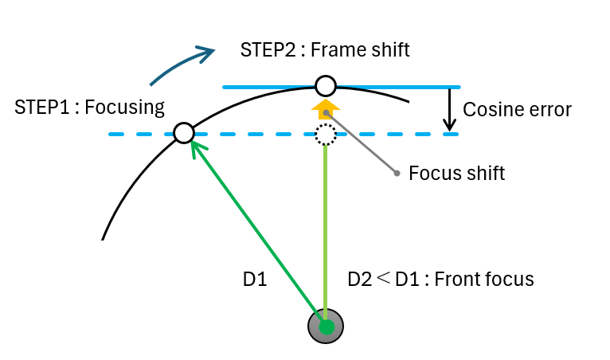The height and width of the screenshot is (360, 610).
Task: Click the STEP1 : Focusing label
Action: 89,108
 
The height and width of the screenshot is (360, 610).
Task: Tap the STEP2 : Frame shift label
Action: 325,50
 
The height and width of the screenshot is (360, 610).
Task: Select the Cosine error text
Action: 517,110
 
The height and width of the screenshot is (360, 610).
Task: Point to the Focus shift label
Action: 456,173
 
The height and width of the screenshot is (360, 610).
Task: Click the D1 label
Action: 255,280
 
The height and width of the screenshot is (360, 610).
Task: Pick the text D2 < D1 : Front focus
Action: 440,280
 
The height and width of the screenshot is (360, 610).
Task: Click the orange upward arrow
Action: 325,110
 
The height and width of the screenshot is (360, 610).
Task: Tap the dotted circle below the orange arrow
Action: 325,134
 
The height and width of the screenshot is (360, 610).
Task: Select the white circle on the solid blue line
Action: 325,86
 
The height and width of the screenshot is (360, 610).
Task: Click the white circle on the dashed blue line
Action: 184,133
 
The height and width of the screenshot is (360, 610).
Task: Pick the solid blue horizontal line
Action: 398,86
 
